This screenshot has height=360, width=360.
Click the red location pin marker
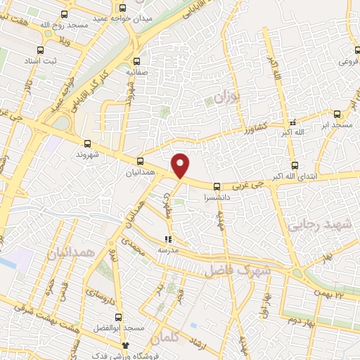coord(181,165)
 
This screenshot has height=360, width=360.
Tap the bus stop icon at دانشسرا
coord(216,187)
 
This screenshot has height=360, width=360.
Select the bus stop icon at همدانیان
coord(140,161)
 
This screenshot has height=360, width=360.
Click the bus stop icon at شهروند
coord(86,141)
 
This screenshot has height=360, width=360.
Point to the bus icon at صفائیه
coord(138,60)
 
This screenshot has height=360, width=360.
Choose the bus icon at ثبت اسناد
coord(40,50)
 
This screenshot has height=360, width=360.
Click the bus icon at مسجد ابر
coord(337,113)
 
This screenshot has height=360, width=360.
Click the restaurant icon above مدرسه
coord(167,239)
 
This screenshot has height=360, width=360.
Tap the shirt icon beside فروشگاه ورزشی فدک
coord(126,345)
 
